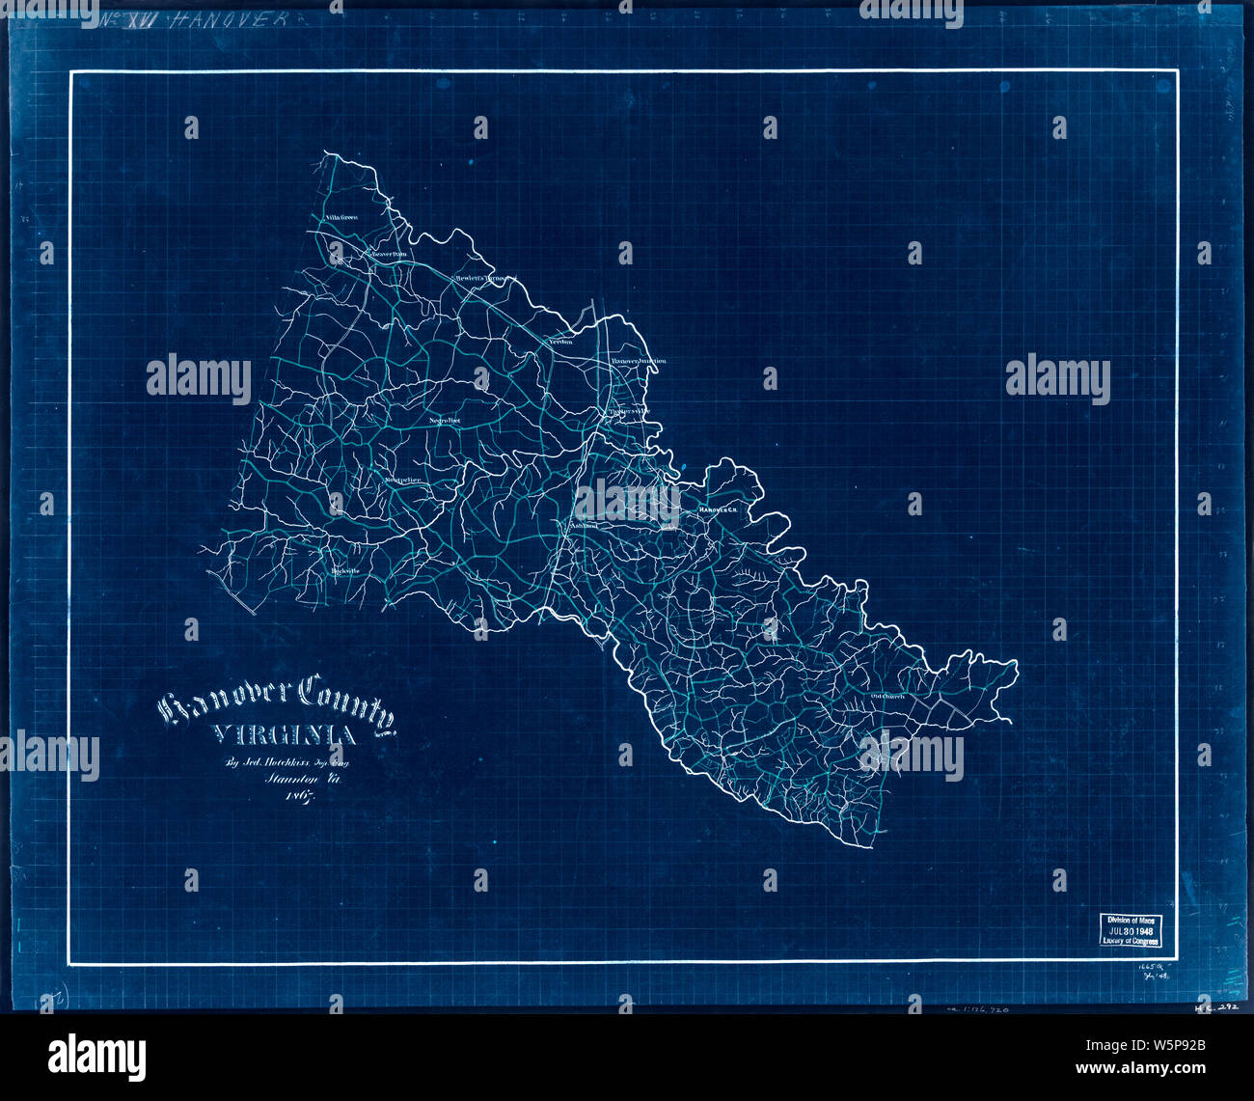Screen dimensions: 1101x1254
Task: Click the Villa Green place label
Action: click(341, 218)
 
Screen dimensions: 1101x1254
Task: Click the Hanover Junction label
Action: click(639, 361)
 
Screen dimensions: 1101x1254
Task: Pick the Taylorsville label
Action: click(628, 412)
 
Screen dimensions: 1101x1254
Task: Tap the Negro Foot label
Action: click(445, 422)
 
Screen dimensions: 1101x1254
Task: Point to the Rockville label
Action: click(344, 571)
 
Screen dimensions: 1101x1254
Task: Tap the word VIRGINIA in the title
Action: click(283, 736)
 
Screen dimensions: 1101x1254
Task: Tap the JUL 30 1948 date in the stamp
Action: click(1131, 931)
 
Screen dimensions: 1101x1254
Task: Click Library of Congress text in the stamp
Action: click(1131, 942)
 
